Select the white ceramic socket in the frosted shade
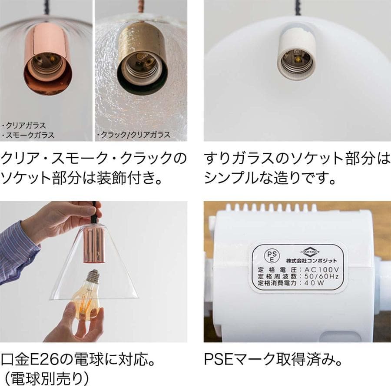297,56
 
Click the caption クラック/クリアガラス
135,135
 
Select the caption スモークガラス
30,135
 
